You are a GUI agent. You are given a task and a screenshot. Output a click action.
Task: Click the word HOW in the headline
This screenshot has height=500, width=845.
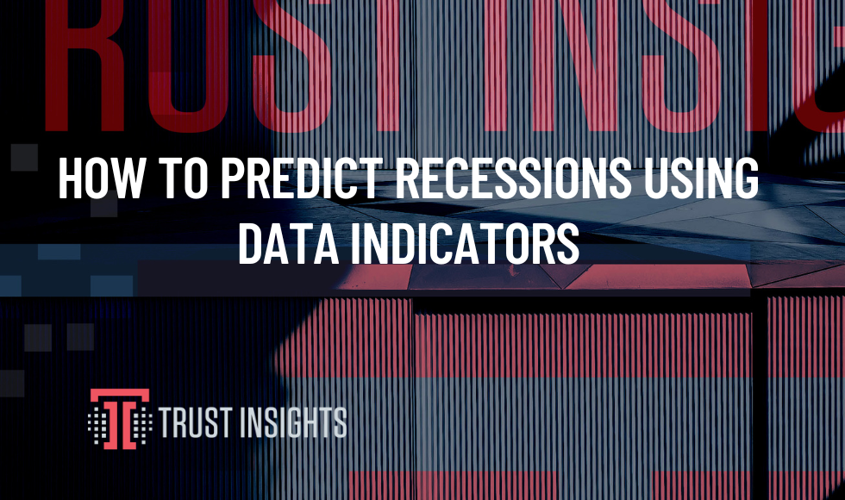click(102, 178)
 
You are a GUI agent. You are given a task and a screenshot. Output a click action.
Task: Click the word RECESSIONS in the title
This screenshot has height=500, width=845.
click(513, 178)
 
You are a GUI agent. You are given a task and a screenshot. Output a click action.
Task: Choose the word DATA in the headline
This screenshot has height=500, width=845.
click(288, 243)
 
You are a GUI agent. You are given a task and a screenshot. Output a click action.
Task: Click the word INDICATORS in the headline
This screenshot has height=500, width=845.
click(465, 243)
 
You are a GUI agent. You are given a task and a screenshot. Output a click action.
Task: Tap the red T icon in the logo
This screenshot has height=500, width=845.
click(120, 419)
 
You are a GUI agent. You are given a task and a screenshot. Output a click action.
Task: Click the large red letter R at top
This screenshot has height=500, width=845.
click(85, 65)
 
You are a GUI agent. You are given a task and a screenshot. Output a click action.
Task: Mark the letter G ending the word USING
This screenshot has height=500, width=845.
click(743, 178)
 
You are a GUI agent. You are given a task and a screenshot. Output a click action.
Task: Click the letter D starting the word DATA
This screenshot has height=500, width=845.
click(252, 243)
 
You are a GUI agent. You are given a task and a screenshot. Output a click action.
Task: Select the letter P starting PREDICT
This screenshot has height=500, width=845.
click(234, 178)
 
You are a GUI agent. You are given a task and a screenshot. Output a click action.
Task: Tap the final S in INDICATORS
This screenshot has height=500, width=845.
click(566, 243)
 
